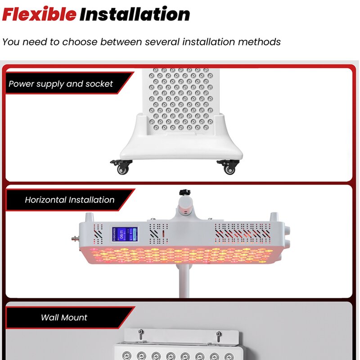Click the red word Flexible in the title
click(39, 14)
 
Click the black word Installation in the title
click(135, 14)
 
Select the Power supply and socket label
click(61, 84)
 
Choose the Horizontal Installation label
click(70, 200)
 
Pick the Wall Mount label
click(64, 317)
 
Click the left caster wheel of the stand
click(121, 169)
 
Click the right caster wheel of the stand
click(230, 169)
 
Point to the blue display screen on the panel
click(125, 234)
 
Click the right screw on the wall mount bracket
click(218, 334)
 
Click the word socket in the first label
click(99, 84)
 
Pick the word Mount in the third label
click(75, 317)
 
